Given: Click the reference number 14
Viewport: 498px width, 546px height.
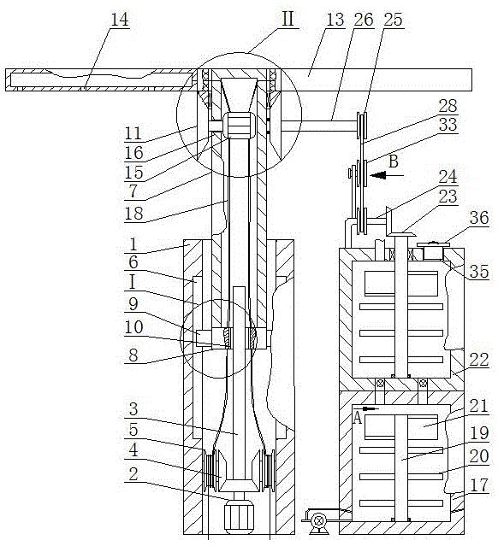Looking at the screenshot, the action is (x=120, y=19).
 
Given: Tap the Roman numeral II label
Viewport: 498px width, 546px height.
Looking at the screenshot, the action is (x=288, y=19).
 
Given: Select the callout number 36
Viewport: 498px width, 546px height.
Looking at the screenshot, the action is (x=479, y=218).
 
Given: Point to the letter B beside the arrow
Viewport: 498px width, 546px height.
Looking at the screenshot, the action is (x=394, y=161).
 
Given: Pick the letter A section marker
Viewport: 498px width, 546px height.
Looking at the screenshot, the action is (x=357, y=418).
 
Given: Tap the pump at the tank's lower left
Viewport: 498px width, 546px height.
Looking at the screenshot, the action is (x=318, y=521).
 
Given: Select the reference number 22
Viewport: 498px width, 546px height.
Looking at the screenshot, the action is (x=479, y=360).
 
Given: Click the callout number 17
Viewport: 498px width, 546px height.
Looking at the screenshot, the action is (x=479, y=485).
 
